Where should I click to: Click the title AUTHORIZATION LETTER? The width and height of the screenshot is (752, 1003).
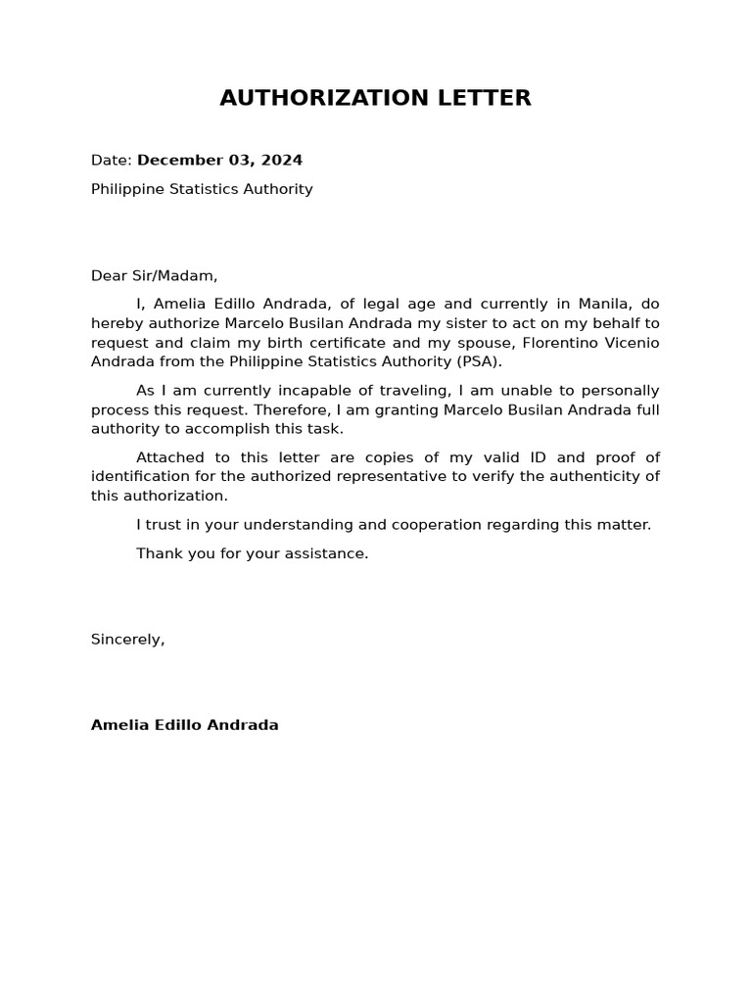click(375, 98)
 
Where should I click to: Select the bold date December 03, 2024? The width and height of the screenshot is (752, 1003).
click(219, 161)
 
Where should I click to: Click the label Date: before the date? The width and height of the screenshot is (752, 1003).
click(111, 161)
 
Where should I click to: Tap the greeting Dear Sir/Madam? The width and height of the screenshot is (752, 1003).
click(154, 276)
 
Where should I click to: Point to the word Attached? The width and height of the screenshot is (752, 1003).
click(168, 457)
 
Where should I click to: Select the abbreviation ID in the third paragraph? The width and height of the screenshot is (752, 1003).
click(543, 457)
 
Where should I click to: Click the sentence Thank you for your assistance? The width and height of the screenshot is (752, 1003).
click(252, 553)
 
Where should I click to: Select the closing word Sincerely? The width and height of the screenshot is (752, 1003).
click(127, 640)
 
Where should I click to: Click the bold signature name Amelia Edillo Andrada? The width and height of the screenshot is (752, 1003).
click(184, 726)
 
